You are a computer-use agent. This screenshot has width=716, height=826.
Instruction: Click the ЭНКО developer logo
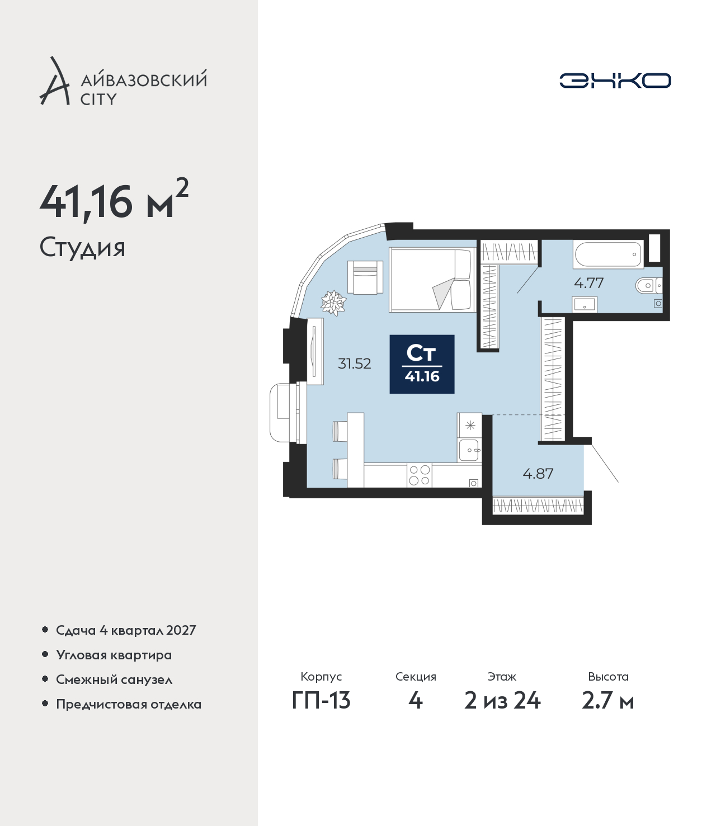coord(615,81)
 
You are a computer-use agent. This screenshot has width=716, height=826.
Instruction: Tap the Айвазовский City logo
coord(123,81)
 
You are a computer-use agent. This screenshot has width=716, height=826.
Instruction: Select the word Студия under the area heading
coord(82,248)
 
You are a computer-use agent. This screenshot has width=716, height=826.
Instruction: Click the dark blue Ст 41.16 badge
coord(422,364)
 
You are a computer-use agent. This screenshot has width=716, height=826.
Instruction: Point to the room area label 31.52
coord(355,364)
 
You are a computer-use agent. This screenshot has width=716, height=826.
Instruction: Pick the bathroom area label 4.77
coord(589,283)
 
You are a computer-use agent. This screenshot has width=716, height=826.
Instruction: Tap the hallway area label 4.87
coord(538,474)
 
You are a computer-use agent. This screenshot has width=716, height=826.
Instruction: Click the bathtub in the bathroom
coord(608,254)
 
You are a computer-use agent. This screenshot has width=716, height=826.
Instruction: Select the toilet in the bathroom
coord(648,286)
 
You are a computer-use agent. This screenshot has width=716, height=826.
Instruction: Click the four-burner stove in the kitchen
coord(420,475)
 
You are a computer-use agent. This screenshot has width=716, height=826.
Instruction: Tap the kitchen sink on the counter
coord(469,450)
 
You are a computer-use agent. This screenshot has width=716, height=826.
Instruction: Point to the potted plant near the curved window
coord(333,303)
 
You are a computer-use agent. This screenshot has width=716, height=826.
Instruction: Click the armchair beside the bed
coord(365,277)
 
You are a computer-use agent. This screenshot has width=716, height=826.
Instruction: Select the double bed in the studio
coord(432,280)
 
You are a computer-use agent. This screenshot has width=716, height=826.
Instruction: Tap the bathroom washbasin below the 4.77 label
coord(585,304)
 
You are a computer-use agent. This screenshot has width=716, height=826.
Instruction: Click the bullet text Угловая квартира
coord(114,655)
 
